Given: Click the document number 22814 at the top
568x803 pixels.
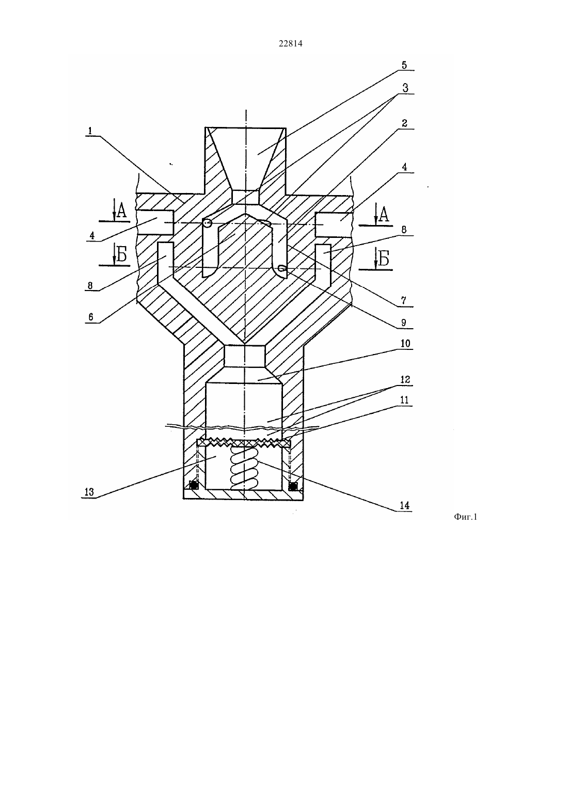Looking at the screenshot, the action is click(x=290, y=44).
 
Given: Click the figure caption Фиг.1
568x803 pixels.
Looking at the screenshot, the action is click(x=465, y=517).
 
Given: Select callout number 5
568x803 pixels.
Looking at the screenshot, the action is click(x=404, y=65).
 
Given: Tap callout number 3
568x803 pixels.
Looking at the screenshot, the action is click(x=405, y=88).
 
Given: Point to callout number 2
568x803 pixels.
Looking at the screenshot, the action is click(x=404, y=123).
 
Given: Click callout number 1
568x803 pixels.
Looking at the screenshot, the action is click(x=90, y=131).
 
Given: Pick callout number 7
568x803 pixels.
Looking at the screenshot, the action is click(x=403, y=300).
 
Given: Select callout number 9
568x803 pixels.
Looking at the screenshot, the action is click(x=403, y=323).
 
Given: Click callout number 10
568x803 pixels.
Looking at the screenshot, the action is click(x=405, y=343).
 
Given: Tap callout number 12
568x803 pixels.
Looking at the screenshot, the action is click(x=405, y=379).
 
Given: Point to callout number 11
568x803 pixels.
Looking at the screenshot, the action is click(x=404, y=400).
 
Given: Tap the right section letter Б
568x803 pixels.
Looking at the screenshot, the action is click(x=383, y=259).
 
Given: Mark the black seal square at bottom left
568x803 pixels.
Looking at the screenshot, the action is click(x=194, y=486).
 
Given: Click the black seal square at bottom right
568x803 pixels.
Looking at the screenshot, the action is click(x=293, y=486).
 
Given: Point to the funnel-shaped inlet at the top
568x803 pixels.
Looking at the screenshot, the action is click(x=246, y=158).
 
